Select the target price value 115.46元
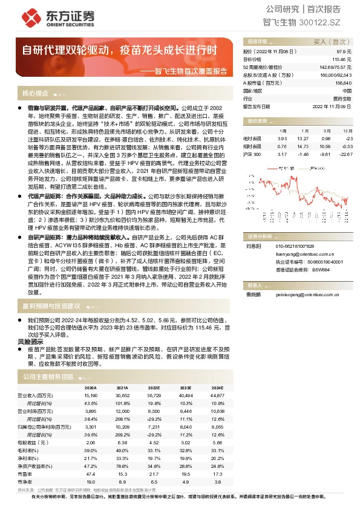343,60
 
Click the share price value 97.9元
345,53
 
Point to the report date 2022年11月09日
332,106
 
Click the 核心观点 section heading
36,94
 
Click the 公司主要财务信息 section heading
48,377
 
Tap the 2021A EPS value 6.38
122,442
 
